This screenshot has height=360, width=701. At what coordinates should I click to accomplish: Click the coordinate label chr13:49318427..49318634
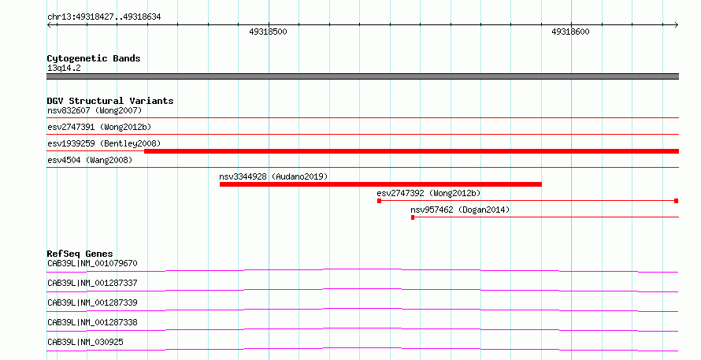[x=104, y=17]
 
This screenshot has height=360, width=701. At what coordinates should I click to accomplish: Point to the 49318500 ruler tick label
[x=269, y=32]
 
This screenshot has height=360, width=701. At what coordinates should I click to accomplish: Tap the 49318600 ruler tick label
[x=570, y=32]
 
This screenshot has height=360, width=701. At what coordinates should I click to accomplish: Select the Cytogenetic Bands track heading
[x=94, y=58]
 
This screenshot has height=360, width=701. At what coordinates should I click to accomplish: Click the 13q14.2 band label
[x=64, y=68]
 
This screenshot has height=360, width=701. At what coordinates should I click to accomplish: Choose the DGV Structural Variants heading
[x=110, y=101]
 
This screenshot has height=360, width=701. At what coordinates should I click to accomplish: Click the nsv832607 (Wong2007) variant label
[x=95, y=110]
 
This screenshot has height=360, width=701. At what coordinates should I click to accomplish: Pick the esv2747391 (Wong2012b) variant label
[x=99, y=127]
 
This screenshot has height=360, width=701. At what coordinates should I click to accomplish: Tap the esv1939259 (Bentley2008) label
[x=104, y=143]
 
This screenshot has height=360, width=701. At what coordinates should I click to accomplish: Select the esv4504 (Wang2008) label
[x=90, y=160]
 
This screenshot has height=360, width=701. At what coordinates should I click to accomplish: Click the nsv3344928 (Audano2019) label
[x=273, y=176]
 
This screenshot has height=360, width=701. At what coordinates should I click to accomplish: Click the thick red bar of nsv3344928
[x=380, y=184]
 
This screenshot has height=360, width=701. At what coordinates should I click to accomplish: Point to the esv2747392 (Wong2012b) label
[x=428, y=193]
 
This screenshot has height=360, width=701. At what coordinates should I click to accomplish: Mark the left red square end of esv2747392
[x=379, y=201]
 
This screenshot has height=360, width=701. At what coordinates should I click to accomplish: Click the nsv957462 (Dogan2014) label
[x=460, y=210]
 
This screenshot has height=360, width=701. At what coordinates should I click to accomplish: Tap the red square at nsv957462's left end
[x=413, y=217]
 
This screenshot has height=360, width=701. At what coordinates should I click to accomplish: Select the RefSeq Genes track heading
[x=80, y=254]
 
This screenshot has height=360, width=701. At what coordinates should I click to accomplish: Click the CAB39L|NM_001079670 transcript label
[x=92, y=263]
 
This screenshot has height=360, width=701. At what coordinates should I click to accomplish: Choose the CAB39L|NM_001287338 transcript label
[x=92, y=322]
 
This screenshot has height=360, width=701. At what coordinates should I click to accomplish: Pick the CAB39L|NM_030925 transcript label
[x=85, y=342]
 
